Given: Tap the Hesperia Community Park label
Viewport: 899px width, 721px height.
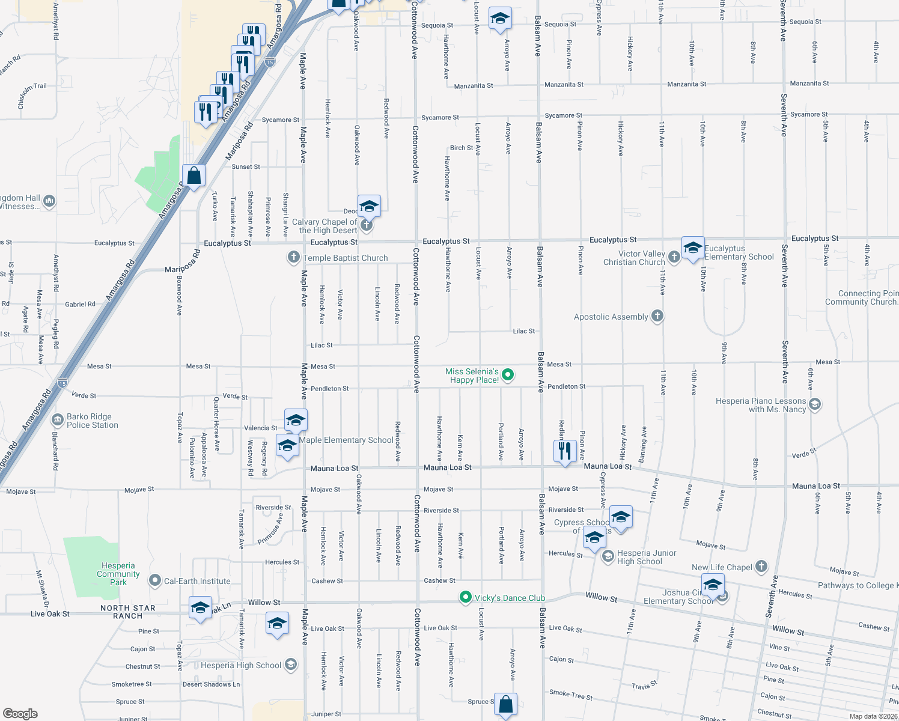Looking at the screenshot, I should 118,574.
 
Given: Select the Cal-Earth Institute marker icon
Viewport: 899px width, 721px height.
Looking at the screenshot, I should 155,580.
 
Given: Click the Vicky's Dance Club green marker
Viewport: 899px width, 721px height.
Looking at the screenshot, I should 465,597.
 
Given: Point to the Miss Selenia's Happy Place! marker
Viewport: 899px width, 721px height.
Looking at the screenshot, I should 508,376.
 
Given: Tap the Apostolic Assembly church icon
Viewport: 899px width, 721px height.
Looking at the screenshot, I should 657,316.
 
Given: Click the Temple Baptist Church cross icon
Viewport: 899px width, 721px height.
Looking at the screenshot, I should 293,258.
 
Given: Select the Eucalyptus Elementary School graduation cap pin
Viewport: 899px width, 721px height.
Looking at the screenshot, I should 693,248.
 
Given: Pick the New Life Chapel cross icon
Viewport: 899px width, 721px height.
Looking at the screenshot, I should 761,566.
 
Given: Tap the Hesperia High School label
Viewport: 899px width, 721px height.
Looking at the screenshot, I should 241,665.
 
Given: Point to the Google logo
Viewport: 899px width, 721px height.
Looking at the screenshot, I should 20,713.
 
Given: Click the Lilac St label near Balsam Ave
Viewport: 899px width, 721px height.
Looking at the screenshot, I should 523,331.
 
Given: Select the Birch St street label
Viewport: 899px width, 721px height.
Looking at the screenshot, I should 461,148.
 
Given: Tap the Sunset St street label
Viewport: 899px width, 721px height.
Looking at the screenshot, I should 246,166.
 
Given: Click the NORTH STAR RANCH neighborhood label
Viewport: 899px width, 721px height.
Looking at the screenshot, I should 128,612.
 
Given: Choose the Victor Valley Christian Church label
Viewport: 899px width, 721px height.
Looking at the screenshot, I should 634,258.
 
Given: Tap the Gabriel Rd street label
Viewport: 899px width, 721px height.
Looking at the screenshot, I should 80,305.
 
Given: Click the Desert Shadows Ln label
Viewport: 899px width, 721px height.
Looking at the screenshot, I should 211,684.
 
